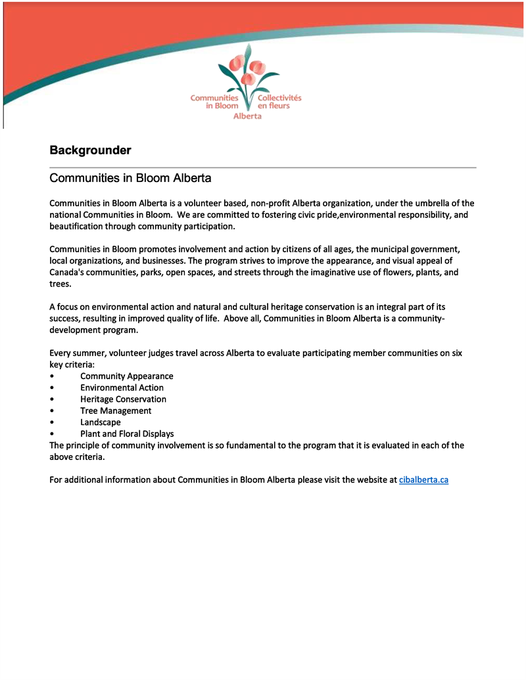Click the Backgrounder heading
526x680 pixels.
[x=90, y=150]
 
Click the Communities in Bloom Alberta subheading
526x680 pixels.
[x=130, y=178]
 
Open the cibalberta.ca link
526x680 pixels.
[x=423, y=480]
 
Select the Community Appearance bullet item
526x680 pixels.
[x=126, y=376]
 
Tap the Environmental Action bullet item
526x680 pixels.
[x=122, y=388]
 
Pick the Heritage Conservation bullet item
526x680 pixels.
[x=123, y=399]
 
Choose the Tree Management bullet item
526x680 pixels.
[x=116, y=411]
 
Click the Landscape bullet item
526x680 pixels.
[x=100, y=422]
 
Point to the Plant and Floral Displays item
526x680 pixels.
[x=127, y=434]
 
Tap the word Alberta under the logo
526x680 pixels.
[x=247, y=116]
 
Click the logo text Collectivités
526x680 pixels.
[x=279, y=98]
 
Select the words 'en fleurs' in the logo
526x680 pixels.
[x=274, y=106]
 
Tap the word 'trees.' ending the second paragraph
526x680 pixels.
[x=60, y=284]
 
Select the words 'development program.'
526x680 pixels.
[x=93, y=330]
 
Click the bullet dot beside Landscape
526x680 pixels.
[x=52, y=422]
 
